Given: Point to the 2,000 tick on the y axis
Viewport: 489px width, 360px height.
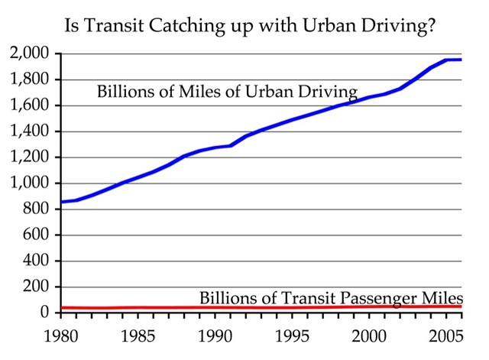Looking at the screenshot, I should click(30, 54).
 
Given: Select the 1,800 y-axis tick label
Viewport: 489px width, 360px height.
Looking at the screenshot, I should click(30, 79).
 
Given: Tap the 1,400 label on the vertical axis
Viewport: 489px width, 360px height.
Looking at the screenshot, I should click(30, 131).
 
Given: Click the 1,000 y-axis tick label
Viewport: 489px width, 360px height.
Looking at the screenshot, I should click(30, 183).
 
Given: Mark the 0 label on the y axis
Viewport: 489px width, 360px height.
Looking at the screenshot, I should click(47, 313).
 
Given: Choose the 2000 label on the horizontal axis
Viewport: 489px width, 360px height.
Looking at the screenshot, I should click(371, 336).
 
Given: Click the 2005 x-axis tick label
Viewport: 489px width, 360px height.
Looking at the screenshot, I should click(447, 336).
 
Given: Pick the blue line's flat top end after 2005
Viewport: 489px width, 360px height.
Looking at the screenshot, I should click(455, 60).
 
